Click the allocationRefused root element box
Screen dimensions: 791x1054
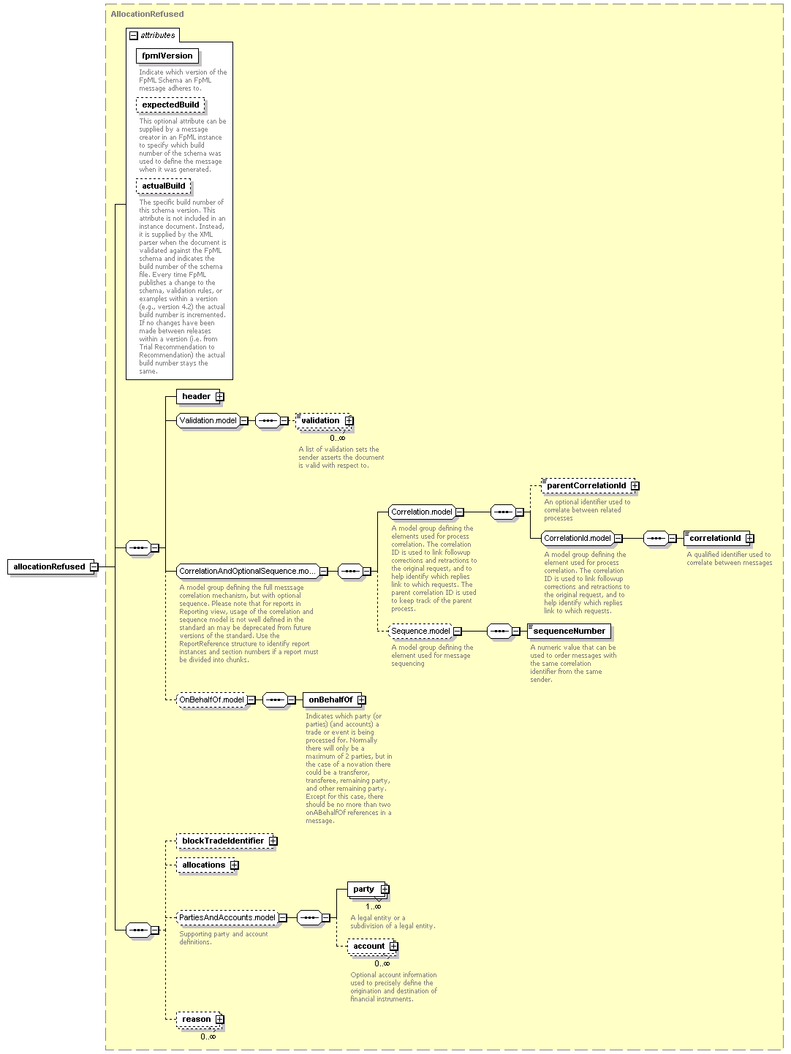tap(52, 566)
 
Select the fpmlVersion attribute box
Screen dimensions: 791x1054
tap(167, 56)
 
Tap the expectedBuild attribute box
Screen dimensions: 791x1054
tap(170, 105)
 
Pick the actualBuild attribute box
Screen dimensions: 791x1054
tap(163, 186)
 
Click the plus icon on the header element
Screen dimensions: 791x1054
tap(219, 397)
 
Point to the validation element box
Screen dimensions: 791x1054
tap(324, 420)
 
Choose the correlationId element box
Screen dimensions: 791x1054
tap(719, 538)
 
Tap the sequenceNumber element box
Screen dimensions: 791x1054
tap(569, 631)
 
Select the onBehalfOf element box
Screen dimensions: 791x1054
tap(334, 699)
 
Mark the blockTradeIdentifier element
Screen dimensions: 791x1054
tap(227, 841)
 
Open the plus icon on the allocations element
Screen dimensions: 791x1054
tap(235, 865)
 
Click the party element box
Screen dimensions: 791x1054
tap(368, 890)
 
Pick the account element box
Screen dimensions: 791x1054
tap(373, 946)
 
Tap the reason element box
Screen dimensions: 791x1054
tap(200, 1019)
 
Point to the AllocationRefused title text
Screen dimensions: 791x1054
tap(147, 14)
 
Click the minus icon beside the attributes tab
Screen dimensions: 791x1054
tap(134, 36)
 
